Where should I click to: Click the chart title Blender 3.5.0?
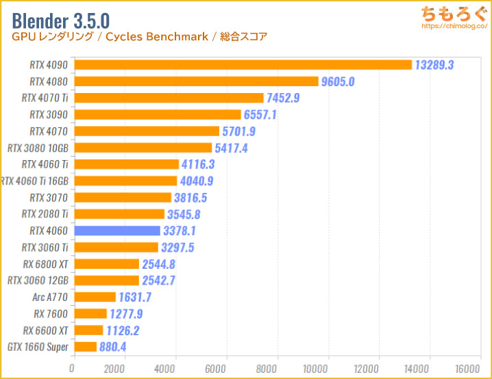tap(60, 17)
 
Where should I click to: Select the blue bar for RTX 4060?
tap(116, 231)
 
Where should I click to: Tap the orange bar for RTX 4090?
tap(243, 65)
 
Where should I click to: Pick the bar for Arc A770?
tap(95, 297)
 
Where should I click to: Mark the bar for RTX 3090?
tap(157, 114)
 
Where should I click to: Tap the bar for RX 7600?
tap(90, 313)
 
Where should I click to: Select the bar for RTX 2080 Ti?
tap(119, 214)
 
